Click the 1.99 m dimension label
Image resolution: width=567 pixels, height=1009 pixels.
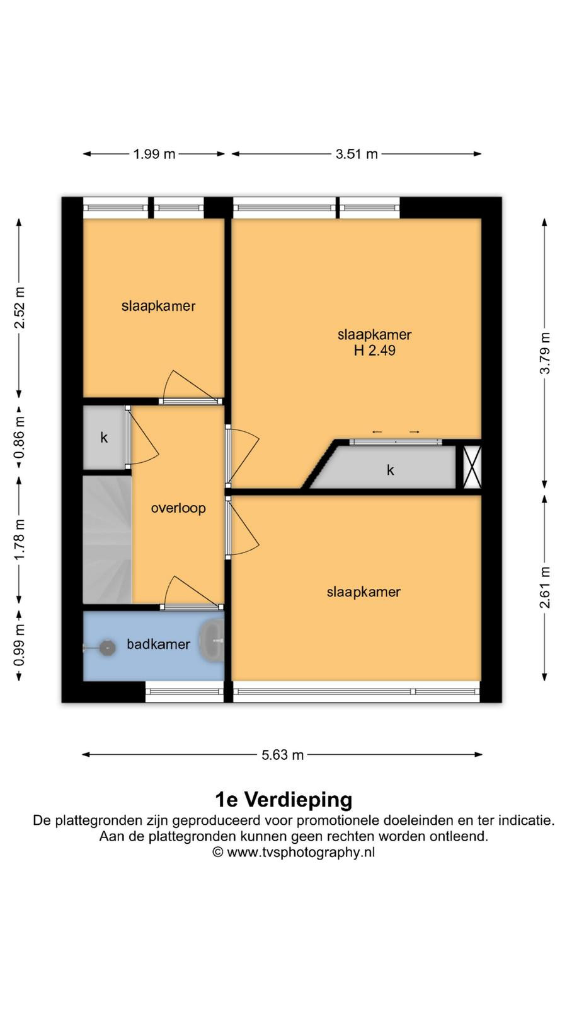(x=154, y=154)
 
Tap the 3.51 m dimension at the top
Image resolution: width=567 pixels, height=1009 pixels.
(x=357, y=154)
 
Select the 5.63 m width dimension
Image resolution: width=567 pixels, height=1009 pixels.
(x=283, y=754)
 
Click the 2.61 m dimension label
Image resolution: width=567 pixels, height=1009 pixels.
(x=545, y=587)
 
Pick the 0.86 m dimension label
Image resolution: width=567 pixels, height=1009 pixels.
(x=19, y=436)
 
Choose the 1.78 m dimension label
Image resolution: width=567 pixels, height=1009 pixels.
(x=19, y=540)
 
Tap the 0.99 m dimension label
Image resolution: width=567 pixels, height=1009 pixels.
(x=19, y=645)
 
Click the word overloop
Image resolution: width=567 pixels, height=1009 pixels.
(x=178, y=508)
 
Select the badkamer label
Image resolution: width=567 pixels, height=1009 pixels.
(x=158, y=644)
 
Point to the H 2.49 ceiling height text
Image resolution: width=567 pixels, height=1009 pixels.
(x=374, y=350)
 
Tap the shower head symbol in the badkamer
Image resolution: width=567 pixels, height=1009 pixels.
(x=107, y=648)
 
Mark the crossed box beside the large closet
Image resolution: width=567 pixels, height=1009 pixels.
(x=472, y=467)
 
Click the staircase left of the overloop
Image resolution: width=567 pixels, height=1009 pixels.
(x=107, y=540)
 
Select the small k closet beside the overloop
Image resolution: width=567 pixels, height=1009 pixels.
(x=104, y=438)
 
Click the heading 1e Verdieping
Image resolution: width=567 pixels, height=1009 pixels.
(x=283, y=800)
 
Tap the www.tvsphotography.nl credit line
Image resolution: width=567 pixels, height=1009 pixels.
(x=294, y=852)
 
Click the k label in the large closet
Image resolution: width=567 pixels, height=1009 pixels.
(x=390, y=470)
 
